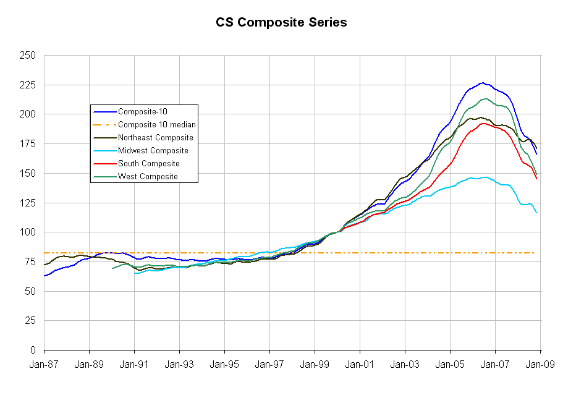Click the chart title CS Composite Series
[x=281, y=23]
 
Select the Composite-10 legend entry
[x=142, y=112]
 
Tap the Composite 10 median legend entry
[x=157, y=125]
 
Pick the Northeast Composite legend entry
[x=155, y=138]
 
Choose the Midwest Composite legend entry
[x=153, y=151]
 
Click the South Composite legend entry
[x=148, y=164]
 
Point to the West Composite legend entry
[x=148, y=177]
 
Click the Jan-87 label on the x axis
[x=44, y=365]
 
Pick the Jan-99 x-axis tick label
[x=315, y=365]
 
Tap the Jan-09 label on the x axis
[x=541, y=365]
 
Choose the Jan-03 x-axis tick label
[x=405, y=365]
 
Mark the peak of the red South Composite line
[x=484, y=123]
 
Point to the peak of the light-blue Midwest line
[x=485, y=177]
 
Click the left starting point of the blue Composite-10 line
[x=44, y=276]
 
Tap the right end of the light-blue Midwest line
[x=536, y=213]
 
